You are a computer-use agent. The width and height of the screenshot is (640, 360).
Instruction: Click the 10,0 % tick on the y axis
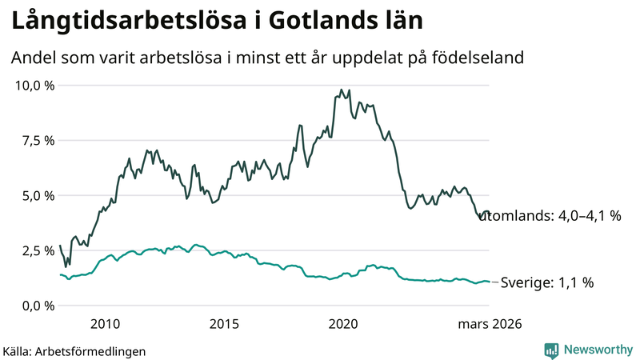34,85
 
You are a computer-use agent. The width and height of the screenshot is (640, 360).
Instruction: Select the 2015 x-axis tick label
224,324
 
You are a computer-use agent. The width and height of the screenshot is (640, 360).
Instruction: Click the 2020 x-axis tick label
343,324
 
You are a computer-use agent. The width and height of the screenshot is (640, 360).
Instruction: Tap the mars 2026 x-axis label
490,324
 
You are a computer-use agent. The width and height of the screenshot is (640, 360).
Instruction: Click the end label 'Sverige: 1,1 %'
546,282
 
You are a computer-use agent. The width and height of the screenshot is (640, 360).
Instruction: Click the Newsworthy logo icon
552,350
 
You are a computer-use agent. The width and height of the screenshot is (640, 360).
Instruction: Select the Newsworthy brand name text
597,350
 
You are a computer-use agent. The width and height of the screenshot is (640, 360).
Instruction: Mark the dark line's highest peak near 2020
342,90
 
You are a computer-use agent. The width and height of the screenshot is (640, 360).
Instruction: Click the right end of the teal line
489,282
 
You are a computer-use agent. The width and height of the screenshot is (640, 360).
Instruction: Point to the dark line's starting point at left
60,246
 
